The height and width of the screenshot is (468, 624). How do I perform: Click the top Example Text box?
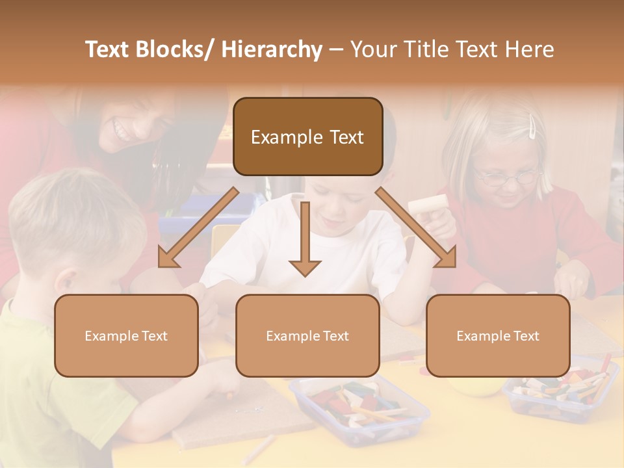307,136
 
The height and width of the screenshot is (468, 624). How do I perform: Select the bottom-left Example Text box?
126,335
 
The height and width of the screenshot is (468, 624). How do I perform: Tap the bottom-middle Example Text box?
307,335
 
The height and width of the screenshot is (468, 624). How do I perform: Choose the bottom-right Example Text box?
498,335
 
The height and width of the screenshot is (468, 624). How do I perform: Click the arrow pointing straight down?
305,240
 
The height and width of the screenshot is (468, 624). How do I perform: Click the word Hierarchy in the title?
271,49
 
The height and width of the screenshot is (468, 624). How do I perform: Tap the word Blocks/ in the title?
174,49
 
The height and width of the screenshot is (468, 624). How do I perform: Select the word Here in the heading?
530,49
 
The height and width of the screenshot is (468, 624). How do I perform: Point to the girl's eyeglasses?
507,175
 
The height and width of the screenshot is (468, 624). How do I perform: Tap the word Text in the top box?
344,136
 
